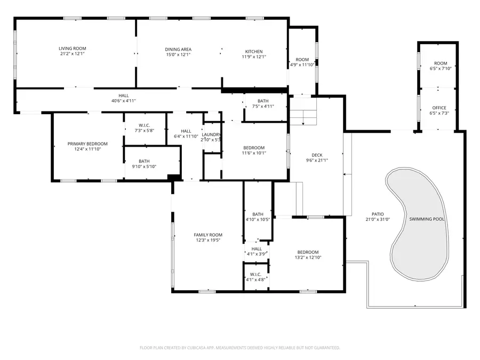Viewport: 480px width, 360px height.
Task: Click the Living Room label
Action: pyautogui.click(x=72, y=49)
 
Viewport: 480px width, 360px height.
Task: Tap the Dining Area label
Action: pyautogui.click(x=178, y=49)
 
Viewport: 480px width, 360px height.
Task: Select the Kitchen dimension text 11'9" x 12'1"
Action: pyautogui.click(x=254, y=57)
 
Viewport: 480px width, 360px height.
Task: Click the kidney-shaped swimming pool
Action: pyautogui.click(x=419, y=224)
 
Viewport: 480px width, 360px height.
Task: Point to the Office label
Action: pyautogui.click(x=439, y=108)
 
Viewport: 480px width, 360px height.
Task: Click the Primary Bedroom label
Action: pyautogui.click(x=87, y=143)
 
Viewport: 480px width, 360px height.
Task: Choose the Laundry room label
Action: pyautogui.click(x=211, y=134)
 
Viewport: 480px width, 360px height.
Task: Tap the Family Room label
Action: pyautogui.click(x=207, y=235)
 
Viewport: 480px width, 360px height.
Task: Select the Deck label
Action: pyautogui.click(x=317, y=155)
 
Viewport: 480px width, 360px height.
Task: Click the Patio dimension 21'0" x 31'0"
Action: pyautogui.click(x=378, y=219)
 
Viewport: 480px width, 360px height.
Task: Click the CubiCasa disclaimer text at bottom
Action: pyautogui.click(x=239, y=348)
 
